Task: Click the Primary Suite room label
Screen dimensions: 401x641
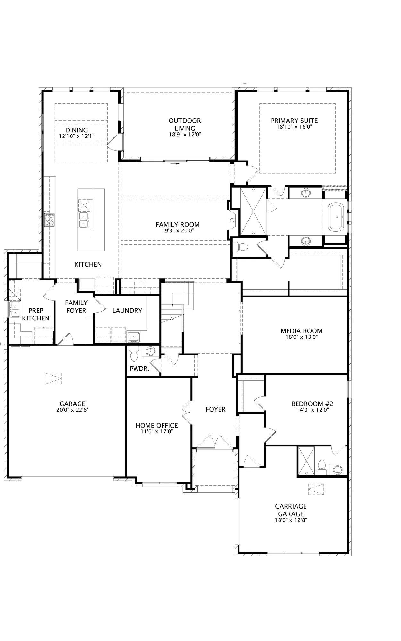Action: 294,121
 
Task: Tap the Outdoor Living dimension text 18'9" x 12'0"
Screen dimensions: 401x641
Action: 185,135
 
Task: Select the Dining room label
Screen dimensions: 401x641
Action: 77,130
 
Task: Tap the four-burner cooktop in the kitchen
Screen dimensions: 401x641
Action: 50,220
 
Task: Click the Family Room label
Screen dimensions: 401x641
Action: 178,225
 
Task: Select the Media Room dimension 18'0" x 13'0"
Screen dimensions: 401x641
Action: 301,337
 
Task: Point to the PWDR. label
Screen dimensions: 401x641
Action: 140,369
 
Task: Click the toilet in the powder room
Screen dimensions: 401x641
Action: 134,354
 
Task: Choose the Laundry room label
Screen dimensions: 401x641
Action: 127,311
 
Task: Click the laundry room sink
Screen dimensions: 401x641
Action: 134,337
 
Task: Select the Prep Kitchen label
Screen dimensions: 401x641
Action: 36,314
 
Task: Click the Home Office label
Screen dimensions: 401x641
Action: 157,426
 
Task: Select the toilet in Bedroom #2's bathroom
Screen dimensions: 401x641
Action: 321,467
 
